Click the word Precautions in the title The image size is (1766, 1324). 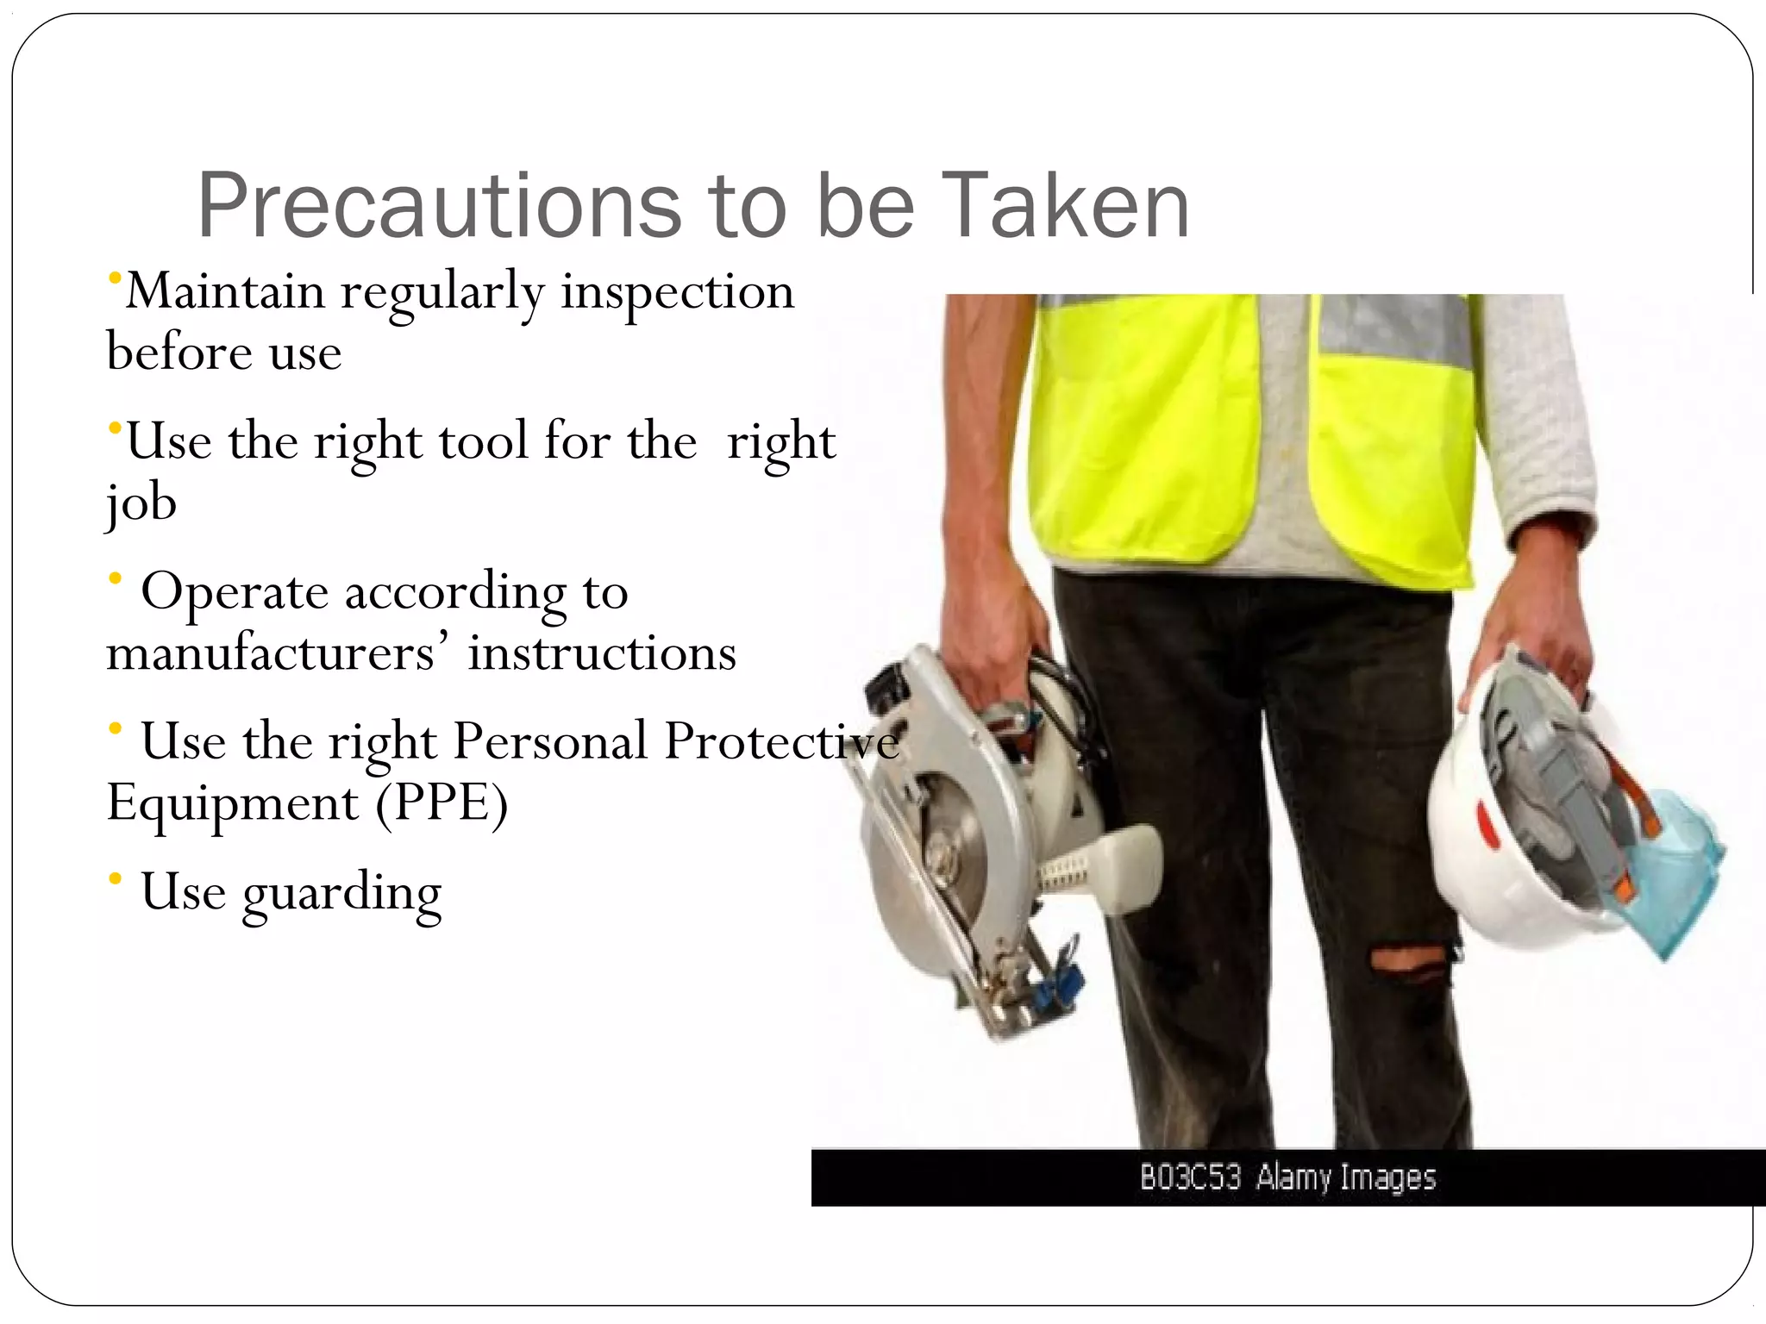click(439, 207)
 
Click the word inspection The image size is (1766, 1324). click(678, 291)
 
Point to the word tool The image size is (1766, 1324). click(482, 441)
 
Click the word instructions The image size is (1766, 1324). click(602, 653)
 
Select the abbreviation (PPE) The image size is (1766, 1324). click(441, 803)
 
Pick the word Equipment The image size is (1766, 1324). click(232, 804)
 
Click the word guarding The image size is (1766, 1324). click(342, 893)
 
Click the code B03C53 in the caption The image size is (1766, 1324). click(1190, 1177)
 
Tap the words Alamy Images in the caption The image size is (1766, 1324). click(1346, 1177)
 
